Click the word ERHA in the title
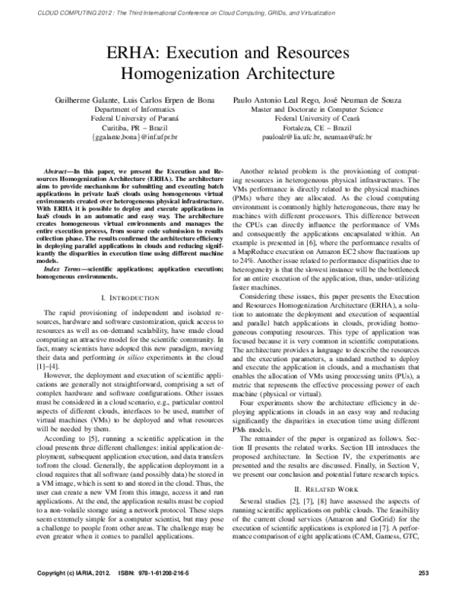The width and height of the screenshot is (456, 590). pyautogui.click(x=133, y=53)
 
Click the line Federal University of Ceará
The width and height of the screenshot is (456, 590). pyautogui.click(x=327, y=119)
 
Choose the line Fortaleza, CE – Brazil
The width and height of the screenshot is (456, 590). pyautogui.click(x=327, y=128)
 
